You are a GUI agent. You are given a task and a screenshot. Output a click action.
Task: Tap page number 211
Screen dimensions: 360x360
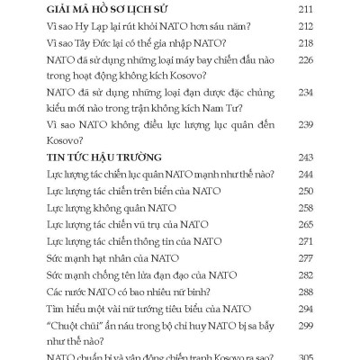pos(305,10)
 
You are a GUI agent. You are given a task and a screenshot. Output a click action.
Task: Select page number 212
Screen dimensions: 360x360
pos(305,26)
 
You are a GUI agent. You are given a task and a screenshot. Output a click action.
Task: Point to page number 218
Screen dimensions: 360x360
pos(305,43)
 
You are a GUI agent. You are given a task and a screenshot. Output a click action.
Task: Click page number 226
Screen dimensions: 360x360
pos(305,60)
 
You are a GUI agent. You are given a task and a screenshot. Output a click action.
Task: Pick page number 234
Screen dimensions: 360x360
pos(305,94)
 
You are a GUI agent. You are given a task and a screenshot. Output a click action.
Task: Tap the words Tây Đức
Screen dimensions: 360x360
pos(91,43)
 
